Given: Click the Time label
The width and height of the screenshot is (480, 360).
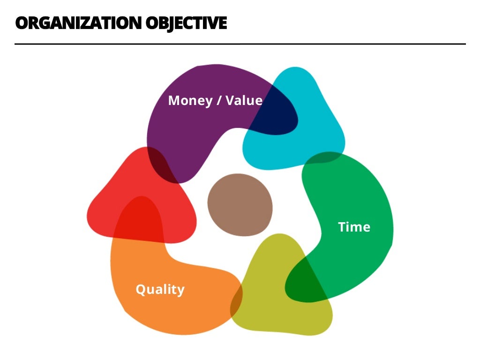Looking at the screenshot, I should pos(354,227).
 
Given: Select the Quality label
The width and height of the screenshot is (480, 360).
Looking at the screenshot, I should pos(160,290).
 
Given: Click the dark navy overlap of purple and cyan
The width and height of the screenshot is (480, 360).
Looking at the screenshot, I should pos(277,112).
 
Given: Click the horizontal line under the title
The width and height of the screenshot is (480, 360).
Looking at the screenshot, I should pos(240,44).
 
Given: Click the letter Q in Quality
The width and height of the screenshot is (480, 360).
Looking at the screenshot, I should pos(140,290).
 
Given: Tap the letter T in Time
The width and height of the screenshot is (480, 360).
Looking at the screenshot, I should pos(342,227).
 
